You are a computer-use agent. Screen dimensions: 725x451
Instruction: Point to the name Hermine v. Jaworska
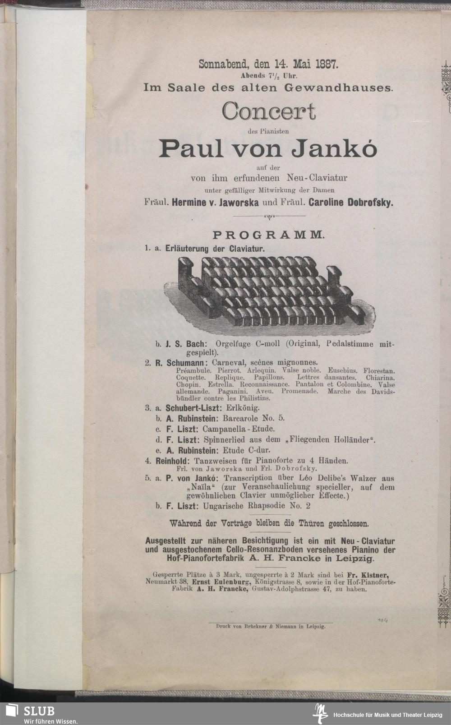(215, 203)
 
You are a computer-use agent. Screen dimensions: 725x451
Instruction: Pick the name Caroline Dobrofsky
(351, 203)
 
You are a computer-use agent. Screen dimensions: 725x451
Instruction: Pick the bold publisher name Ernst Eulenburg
(219, 582)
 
